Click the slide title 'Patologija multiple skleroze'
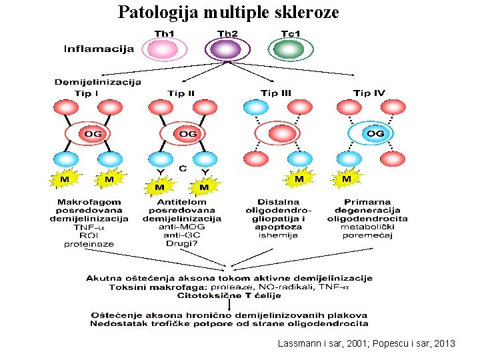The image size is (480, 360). (229, 12)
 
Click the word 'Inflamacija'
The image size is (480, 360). (99, 49)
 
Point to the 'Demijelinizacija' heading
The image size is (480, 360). (97, 82)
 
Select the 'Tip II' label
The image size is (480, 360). (181, 93)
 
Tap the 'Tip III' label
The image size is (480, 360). (275, 93)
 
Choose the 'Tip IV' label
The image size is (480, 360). (369, 93)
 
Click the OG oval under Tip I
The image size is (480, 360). (93, 134)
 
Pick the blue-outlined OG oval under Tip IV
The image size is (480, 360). (375, 134)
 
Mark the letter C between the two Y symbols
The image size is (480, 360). (183, 169)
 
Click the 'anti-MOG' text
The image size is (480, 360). (181, 227)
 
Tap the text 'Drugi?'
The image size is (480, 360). (181, 243)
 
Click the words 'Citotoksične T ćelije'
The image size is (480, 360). (229, 295)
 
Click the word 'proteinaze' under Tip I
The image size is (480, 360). (89, 244)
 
